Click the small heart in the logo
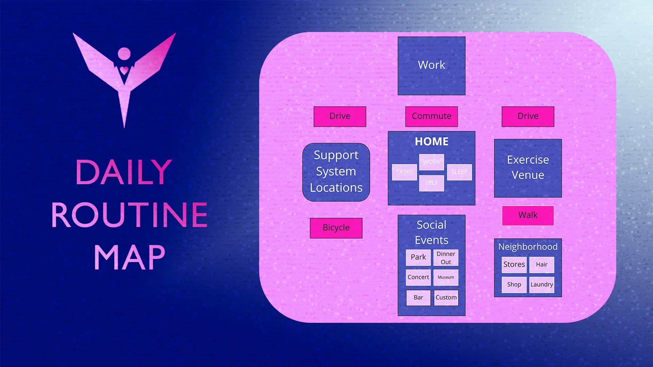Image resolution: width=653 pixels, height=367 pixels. pos(124,70)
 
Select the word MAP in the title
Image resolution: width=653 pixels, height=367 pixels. pos(129,258)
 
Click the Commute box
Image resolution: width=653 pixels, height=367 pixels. pos(432,116)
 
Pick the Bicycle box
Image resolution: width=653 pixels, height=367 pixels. pos(336,228)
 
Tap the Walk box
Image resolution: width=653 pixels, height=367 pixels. pos(528,215)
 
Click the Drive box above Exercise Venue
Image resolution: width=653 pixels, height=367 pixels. pos(528,116)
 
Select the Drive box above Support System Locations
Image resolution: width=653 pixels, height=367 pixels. pos(340,116)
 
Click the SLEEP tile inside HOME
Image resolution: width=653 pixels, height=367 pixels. pos(459,172)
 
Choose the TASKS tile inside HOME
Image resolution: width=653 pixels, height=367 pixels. pos(404,172)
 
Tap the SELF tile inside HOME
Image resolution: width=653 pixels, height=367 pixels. pos(432,183)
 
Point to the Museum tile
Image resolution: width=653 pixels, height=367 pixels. pos(446,277)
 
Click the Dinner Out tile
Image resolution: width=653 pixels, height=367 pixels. pos(446,258)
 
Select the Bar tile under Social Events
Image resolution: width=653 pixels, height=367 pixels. pos(418,298)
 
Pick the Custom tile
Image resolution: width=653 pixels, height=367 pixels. pos(446,298)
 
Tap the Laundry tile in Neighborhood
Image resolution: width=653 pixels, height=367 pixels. pos(542,285)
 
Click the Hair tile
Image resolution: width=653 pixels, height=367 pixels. pos(542,265)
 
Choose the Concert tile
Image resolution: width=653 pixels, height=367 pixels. pos(418,277)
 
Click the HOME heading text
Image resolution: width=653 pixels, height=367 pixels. pos(432,141)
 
